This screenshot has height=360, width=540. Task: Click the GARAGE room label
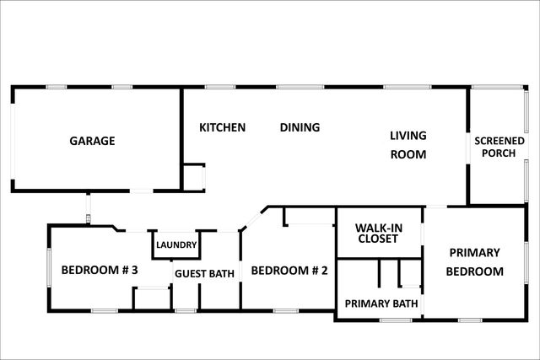[x=91, y=141]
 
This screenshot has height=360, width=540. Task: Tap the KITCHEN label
[x=222, y=127]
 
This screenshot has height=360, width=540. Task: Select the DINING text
[x=300, y=127]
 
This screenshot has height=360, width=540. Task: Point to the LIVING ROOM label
[x=408, y=144]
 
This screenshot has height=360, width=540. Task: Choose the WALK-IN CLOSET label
[x=377, y=233]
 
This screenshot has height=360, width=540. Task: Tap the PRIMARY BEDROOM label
[x=474, y=261]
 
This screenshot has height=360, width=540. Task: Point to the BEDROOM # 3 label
[x=99, y=271]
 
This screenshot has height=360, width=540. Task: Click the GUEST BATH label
[x=204, y=272]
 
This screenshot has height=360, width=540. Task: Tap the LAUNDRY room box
[x=176, y=244]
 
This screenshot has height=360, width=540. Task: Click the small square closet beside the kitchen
[x=194, y=177]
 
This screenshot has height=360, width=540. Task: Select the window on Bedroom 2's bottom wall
[x=285, y=311]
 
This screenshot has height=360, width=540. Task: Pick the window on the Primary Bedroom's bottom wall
[x=470, y=320]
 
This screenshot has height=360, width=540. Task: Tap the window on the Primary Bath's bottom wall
[x=397, y=320]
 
